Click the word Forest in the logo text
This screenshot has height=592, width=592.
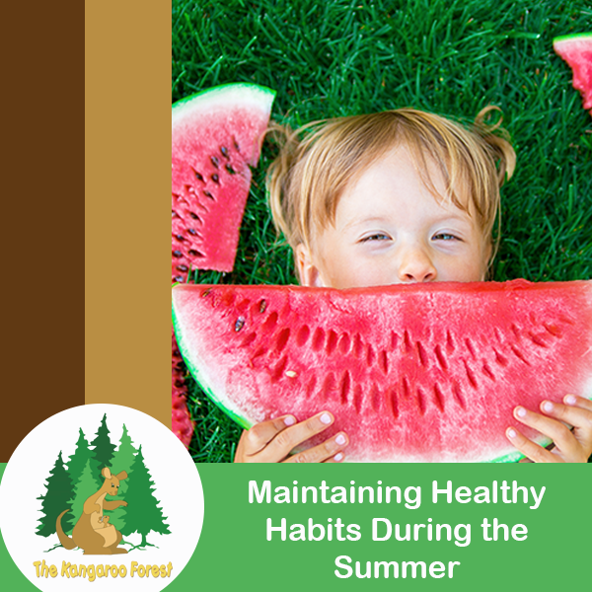point(151,569)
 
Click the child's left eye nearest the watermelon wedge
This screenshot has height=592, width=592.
point(375,237)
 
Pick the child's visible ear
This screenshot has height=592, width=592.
point(307,265)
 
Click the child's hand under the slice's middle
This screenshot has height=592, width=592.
point(291,438)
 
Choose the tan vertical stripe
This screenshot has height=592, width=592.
point(128,204)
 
